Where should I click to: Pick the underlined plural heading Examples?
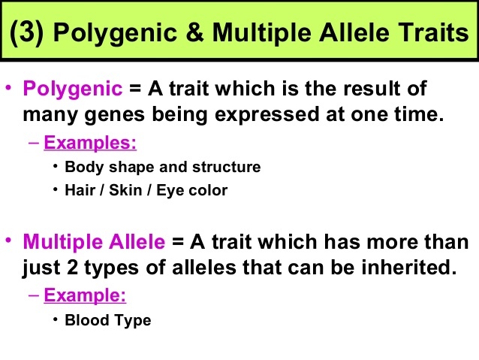(90, 143)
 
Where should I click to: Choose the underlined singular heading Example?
(85, 295)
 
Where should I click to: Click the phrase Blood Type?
(108, 321)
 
